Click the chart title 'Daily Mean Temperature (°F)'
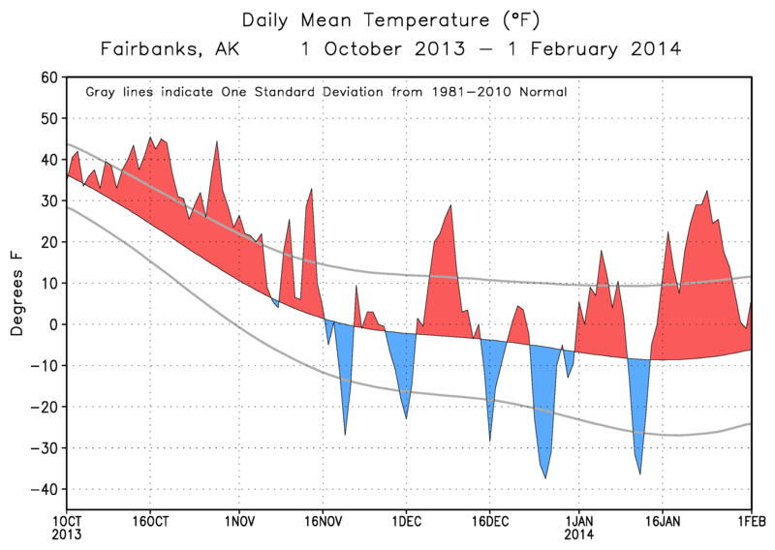tap(387, 19)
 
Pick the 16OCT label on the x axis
tap(149, 521)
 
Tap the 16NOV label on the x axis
tap(322, 521)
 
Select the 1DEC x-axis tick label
tap(405, 521)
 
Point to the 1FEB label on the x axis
tap(751, 521)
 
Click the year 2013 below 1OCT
tap(67, 535)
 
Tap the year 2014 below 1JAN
tap(579, 535)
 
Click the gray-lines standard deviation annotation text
tap(325, 92)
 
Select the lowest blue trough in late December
tap(545, 477)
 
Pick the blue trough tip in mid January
tap(639, 473)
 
